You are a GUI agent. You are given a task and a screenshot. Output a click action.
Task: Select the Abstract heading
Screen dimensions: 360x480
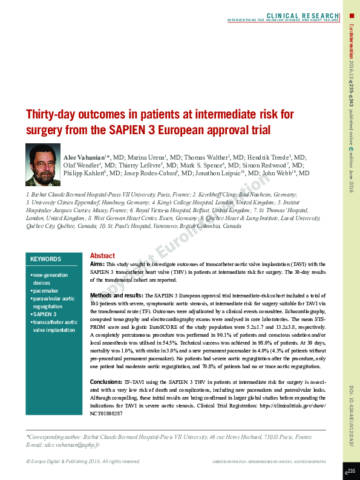(102, 256)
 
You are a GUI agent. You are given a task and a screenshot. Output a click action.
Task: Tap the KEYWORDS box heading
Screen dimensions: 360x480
(46, 259)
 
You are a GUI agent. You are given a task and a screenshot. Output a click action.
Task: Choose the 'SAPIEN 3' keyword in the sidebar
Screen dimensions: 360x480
(45, 314)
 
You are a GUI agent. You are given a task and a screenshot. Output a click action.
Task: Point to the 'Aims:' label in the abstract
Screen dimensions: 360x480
(97, 264)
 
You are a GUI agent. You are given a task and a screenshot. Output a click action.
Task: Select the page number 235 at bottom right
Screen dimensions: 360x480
(350, 471)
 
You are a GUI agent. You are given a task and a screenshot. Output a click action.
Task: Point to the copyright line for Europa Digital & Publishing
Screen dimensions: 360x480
(83, 461)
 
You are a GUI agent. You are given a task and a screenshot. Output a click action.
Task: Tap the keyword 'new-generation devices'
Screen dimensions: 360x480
(50, 279)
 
